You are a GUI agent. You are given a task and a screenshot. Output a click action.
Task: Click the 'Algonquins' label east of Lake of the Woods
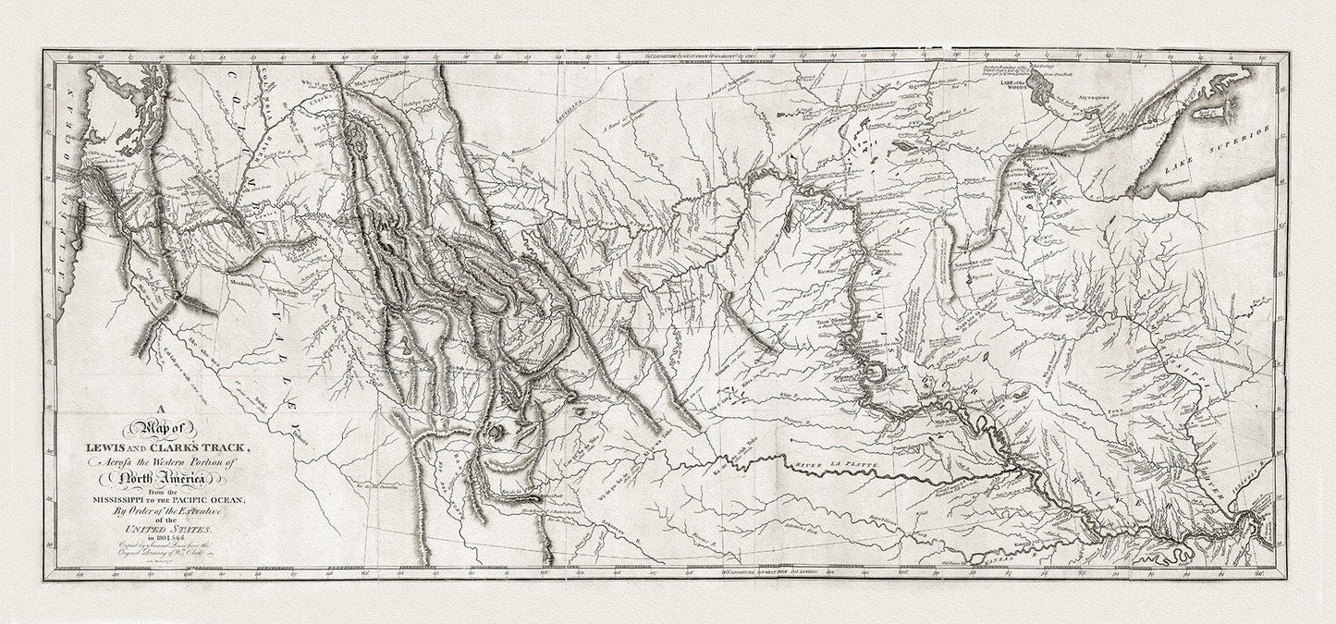[1072, 95]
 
